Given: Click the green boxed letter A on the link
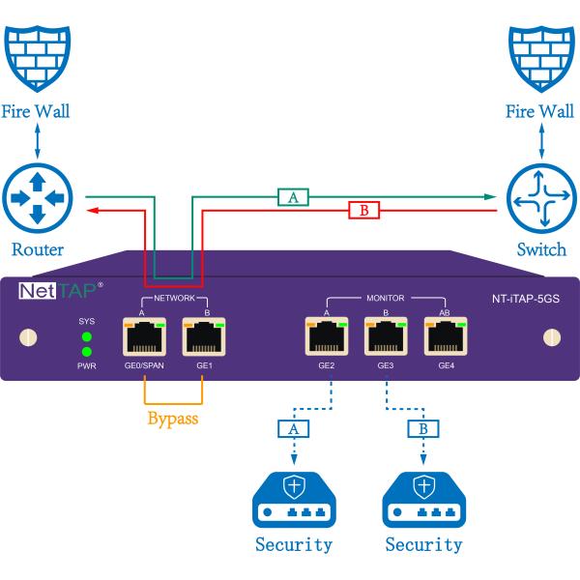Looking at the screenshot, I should pyautogui.click(x=292, y=197).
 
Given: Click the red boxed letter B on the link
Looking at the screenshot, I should pyautogui.click(x=364, y=209).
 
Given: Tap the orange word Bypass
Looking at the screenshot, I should pyautogui.click(x=174, y=420).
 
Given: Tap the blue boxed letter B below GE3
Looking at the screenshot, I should pyautogui.click(x=422, y=426).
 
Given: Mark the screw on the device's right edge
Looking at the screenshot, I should pyautogui.click(x=551, y=337).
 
